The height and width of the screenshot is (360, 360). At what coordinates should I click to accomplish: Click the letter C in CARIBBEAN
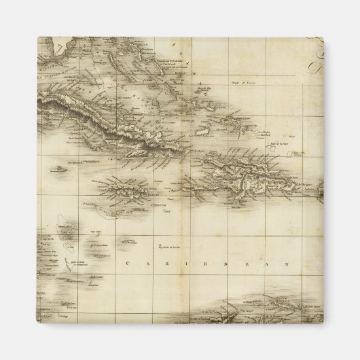pos(128,263)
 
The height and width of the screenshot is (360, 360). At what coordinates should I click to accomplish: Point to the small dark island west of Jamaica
pos(59,168)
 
